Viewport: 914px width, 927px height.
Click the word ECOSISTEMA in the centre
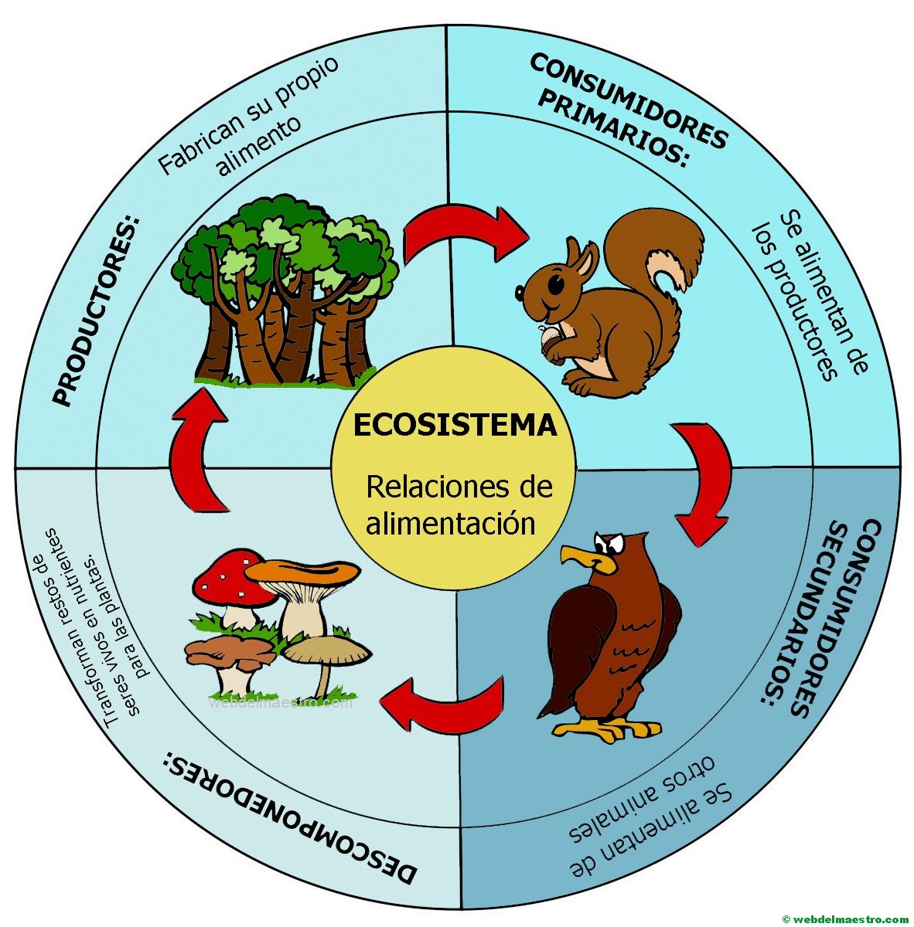click(455, 426)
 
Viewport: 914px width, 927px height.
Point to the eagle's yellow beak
click(583, 556)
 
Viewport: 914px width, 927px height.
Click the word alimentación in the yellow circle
click(451, 523)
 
